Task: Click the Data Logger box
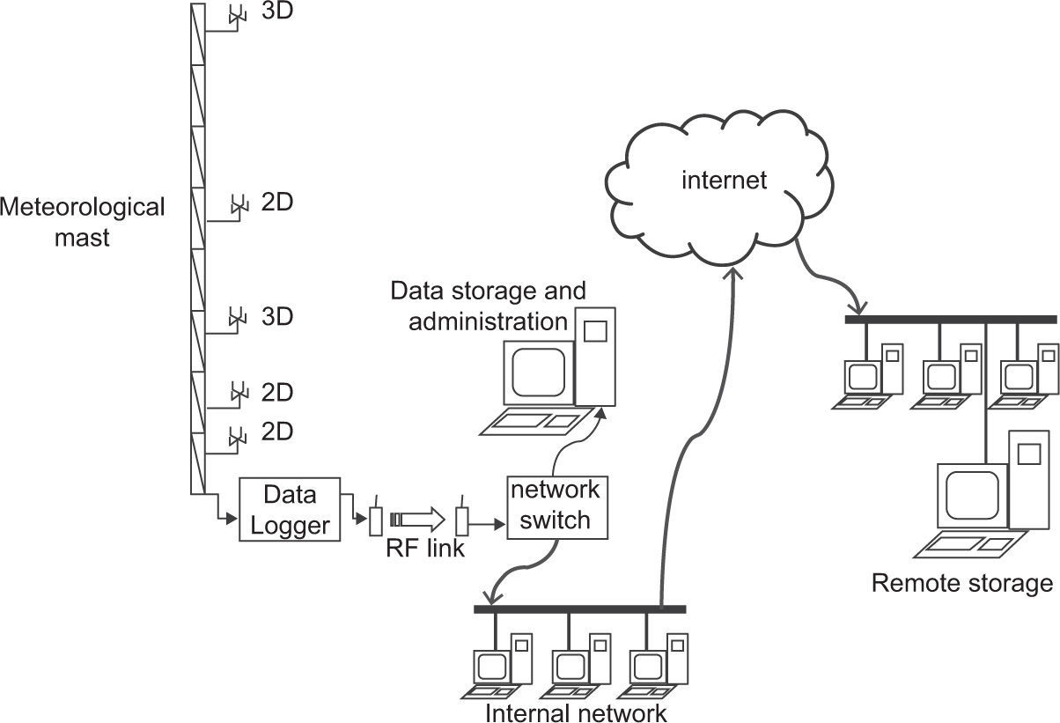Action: (x=290, y=510)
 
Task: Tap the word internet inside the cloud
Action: (x=725, y=181)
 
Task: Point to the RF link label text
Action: (x=424, y=550)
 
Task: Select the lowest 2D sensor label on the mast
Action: (x=277, y=432)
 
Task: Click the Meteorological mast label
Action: (x=82, y=222)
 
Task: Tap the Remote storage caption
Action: (x=961, y=582)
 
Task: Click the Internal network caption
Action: (x=576, y=712)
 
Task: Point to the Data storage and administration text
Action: (x=487, y=305)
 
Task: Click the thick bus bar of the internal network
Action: (x=579, y=609)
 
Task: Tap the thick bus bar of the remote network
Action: (x=950, y=320)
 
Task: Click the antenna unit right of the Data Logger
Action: (x=375, y=520)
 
